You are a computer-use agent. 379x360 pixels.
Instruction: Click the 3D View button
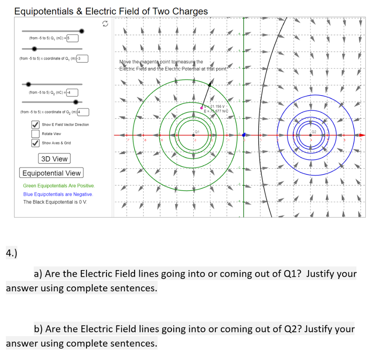[54, 159]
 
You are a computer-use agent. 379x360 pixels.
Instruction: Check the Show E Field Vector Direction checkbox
[36, 124]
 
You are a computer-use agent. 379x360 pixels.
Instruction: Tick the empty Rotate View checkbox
[36, 134]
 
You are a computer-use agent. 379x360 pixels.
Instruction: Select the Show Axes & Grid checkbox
[36, 143]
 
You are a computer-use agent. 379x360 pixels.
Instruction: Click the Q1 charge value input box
[72, 38]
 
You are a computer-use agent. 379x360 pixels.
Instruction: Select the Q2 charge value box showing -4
[72, 92]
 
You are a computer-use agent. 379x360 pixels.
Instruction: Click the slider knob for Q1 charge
[82, 31]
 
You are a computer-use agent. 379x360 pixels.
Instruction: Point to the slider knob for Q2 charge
[28, 84]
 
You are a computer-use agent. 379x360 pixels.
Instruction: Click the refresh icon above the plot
[105, 24]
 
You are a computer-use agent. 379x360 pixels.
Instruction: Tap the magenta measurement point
[201, 108]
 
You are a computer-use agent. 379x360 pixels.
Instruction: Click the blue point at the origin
[244, 135]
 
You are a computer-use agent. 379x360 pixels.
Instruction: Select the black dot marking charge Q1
[194, 135]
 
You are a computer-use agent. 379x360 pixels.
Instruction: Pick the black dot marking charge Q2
[310, 135]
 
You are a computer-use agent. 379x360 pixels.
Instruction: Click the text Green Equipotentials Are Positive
[59, 186]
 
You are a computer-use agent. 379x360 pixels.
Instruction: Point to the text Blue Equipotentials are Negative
[58, 194]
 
